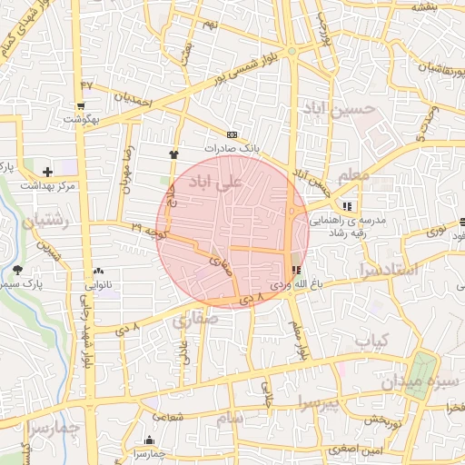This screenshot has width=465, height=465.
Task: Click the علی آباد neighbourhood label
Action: [214, 183]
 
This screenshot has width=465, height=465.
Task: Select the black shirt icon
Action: [173, 154]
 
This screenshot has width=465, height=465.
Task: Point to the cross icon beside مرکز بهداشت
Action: [47, 171]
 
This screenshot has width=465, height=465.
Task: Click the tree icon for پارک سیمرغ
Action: [18, 269]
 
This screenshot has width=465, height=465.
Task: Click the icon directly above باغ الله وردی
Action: [296, 270]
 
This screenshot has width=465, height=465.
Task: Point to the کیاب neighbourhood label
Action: [371, 341]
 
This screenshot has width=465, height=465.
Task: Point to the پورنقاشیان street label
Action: [429, 67]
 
